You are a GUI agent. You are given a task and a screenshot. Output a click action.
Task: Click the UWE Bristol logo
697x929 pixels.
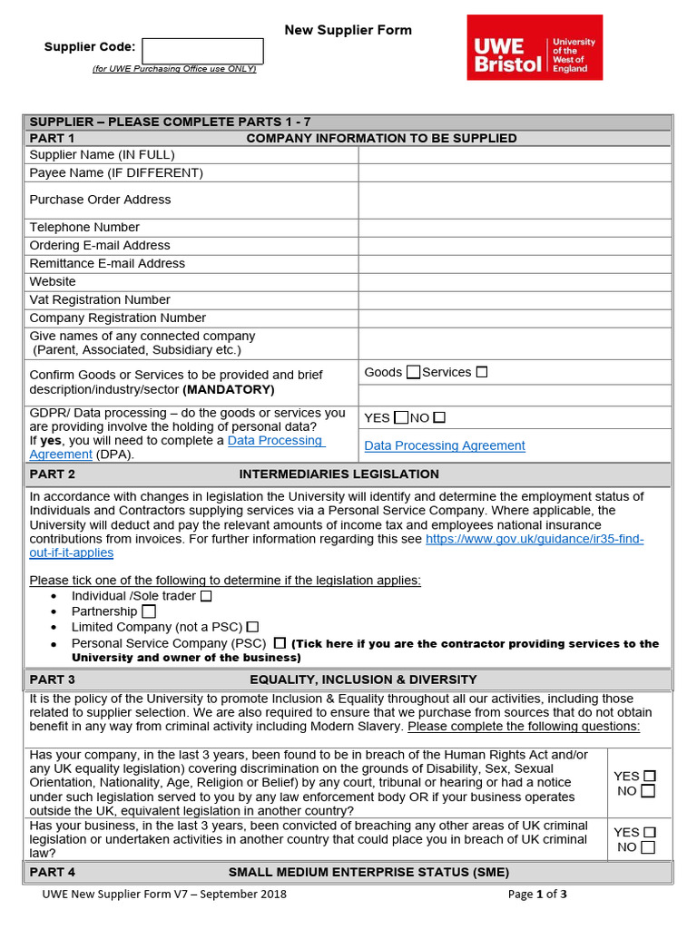535,47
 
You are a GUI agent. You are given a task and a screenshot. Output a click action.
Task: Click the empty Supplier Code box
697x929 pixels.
202,51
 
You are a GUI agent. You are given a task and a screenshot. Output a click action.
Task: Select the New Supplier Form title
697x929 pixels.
348,30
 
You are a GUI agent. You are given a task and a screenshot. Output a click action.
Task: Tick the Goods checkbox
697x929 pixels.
414,372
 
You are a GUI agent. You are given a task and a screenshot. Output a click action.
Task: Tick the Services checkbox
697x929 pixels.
482,372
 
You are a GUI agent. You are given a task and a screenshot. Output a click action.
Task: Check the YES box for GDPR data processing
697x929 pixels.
401,417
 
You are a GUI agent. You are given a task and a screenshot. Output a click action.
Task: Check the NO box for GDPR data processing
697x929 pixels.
439,417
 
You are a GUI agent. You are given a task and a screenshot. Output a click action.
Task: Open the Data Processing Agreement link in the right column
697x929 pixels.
444,445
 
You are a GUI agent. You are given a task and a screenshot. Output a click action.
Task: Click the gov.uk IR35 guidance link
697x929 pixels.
535,539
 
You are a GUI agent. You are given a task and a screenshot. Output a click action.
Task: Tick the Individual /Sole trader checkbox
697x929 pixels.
206,596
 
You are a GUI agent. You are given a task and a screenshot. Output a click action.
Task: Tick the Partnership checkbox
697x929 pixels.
149,611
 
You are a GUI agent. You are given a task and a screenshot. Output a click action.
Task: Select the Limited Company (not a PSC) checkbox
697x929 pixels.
253,626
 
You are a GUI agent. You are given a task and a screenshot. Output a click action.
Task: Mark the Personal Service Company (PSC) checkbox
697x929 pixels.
280,642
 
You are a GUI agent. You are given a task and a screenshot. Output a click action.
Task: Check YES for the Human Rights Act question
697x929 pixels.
648,776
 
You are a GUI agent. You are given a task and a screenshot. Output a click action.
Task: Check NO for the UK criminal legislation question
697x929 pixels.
648,847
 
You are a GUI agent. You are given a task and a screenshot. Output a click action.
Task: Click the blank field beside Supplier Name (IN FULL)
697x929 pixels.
515,154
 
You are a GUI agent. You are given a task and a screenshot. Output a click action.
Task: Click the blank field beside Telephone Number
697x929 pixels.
515,227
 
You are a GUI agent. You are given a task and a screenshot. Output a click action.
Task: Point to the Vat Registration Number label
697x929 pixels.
100,299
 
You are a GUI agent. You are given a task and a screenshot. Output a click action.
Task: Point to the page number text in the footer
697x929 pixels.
537,894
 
